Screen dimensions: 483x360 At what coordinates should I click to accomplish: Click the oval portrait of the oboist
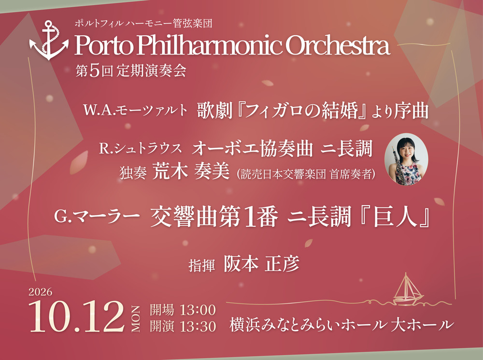point(406,159)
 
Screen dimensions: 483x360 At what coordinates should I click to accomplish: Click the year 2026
point(41,291)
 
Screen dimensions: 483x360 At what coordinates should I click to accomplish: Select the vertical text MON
point(136,319)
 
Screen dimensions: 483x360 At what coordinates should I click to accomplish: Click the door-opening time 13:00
point(198,310)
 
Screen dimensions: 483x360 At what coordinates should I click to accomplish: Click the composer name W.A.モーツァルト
point(135,110)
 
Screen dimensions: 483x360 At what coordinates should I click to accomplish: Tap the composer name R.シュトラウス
point(141,148)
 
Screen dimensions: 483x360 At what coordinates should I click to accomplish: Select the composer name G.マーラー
point(97,216)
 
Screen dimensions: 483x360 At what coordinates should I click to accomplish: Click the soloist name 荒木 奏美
point(191,171)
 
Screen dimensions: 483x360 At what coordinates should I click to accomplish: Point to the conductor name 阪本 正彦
point(261,264)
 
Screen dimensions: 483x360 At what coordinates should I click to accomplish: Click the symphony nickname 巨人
point(394,217)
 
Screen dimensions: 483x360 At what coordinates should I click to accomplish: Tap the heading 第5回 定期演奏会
point(131,71)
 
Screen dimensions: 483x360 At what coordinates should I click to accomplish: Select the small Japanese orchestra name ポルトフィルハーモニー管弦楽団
point(143,23)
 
